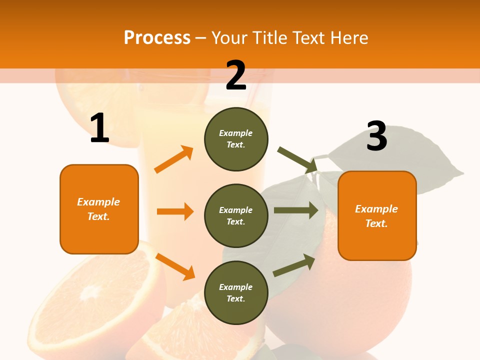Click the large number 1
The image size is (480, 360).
[x=99, y=128]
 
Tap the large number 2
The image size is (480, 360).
[x=236, y=75]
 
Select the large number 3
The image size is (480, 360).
[x=376, y=136]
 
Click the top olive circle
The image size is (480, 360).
[x=236, y=139]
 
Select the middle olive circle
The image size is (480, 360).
[x=236, y=215]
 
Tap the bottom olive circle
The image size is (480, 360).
[x=236, y=292]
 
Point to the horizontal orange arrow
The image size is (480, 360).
[x=175, y=211]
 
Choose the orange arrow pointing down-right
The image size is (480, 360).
[x=175, y=266]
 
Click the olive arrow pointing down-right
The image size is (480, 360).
[x=297, y=159]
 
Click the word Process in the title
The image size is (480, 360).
[x=157, y=37]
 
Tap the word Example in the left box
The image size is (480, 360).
[x=98, y=202]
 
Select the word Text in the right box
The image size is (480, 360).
[x=376, y=223]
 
